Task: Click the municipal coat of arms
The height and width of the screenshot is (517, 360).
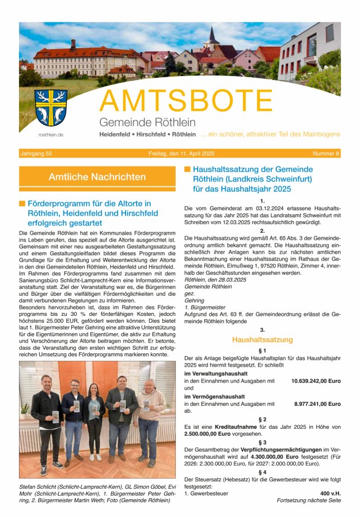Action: coord(51,107)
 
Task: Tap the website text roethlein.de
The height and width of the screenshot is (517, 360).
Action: coord(51,135)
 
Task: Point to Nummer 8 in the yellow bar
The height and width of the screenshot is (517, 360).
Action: coord(326,153)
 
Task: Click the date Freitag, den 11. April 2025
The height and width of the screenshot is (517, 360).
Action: coord(180,153)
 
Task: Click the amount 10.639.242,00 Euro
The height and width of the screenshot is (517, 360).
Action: coord(316,381)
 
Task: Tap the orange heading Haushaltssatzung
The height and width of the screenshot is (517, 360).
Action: coord(262,340)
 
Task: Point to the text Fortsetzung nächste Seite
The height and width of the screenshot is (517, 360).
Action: coord(309,500)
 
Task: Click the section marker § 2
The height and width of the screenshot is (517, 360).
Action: coord(262,419)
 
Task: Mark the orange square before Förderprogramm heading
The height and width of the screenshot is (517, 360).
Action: coord(22,203)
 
